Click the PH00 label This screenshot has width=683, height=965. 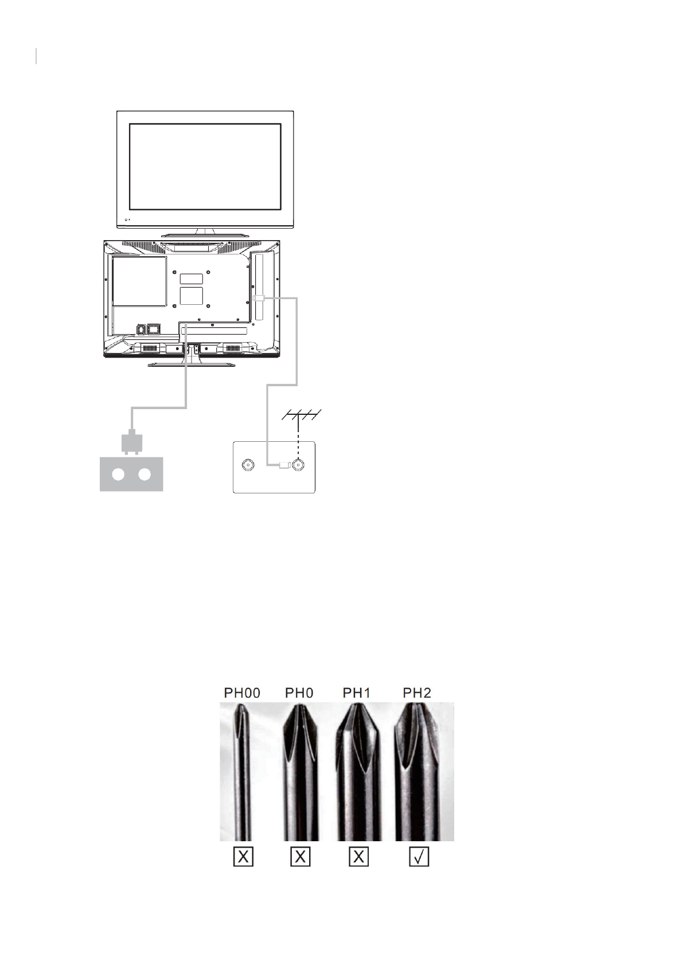coord(242,693)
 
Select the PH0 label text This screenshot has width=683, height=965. coord(299,693)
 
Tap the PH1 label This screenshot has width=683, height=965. coord(357,693)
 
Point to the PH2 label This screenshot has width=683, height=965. coord(417,693)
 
